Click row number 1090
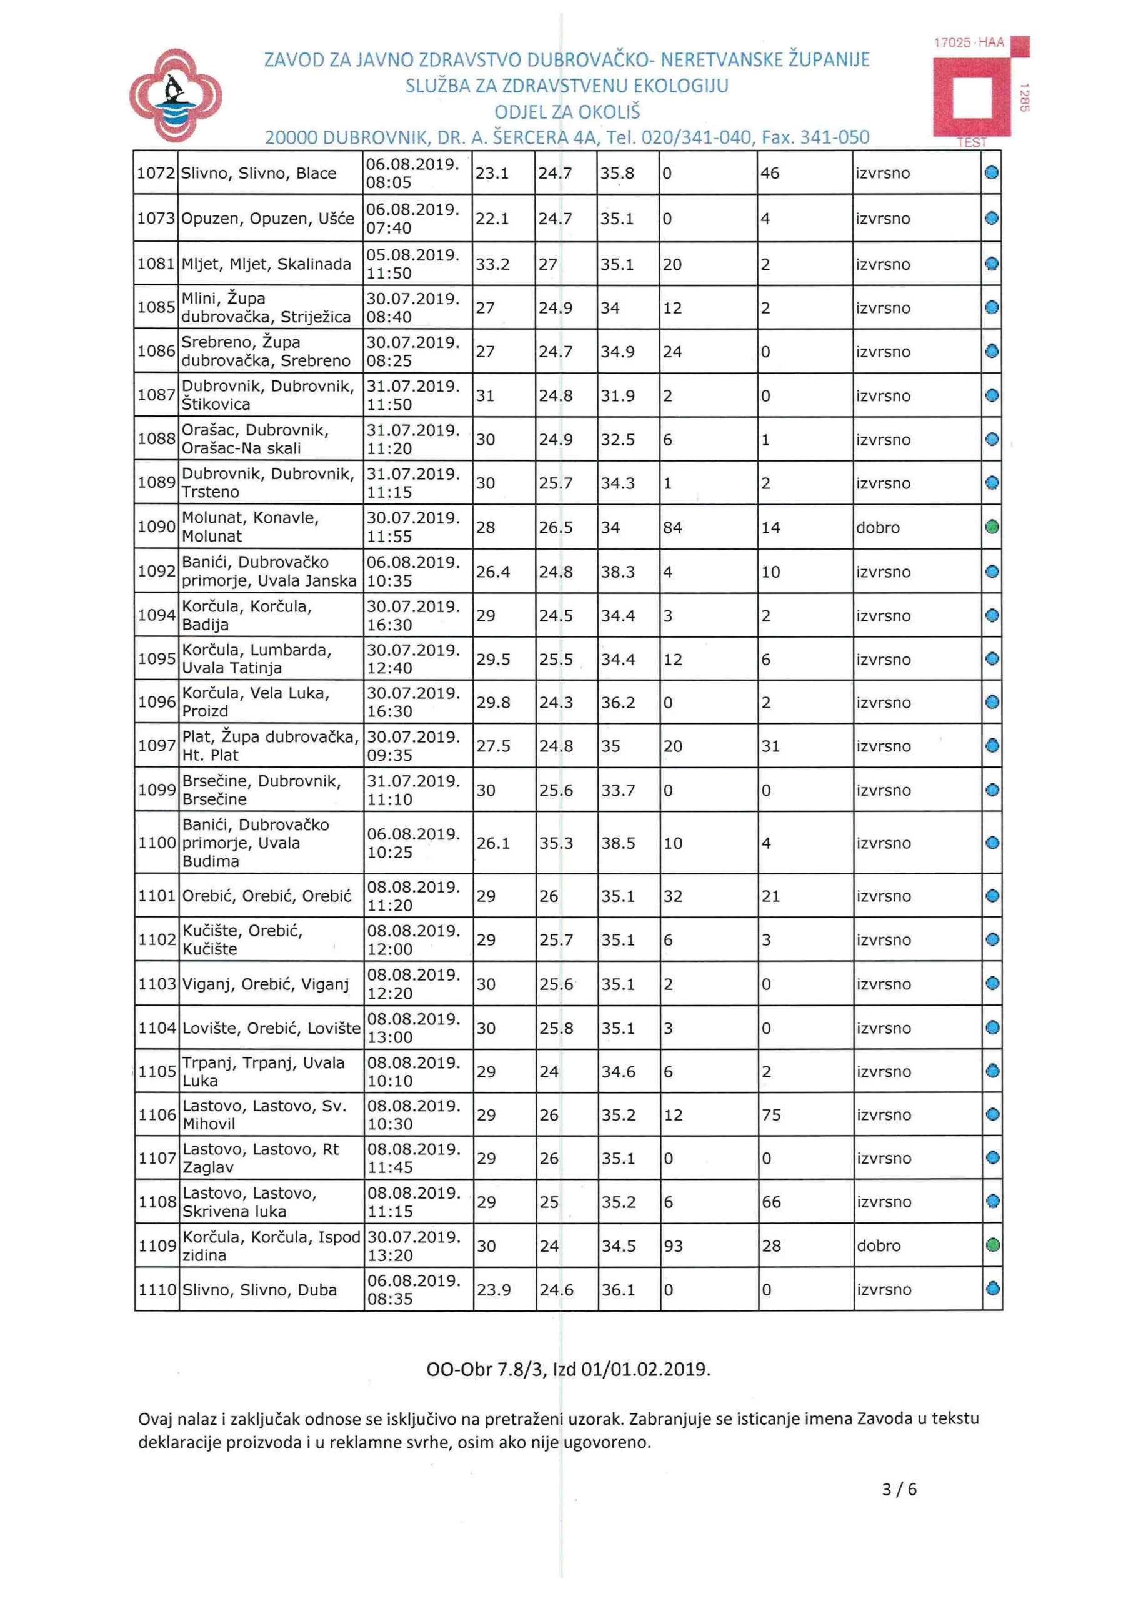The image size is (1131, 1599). coord(156,527)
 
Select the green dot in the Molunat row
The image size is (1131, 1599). coord(992,527)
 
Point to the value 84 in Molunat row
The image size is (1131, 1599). coord(672,527)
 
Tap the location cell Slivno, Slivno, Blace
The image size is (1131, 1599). coord(259,174)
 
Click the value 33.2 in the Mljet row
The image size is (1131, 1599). coord(492,265)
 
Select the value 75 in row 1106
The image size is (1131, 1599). coord(770,1115)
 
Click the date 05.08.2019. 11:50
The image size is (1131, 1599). coord(412,264)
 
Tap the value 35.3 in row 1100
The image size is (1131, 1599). coord(556,843)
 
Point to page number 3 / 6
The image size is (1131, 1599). coord(899,1489)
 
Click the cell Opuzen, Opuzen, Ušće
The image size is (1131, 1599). coord(267,219)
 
